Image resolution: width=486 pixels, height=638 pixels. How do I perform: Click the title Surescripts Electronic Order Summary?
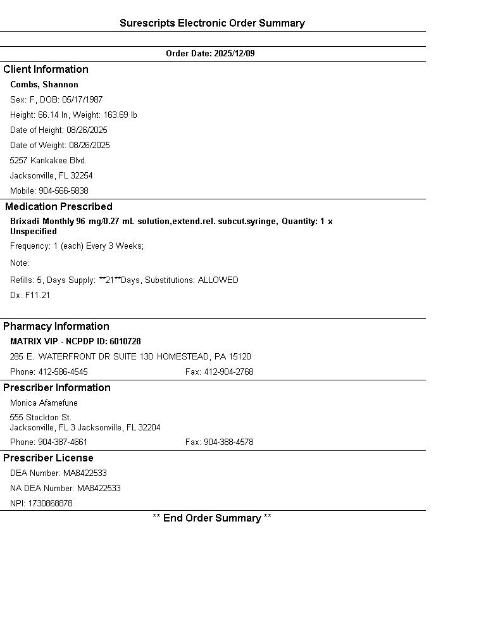pyautogui.click(x=212, y=23)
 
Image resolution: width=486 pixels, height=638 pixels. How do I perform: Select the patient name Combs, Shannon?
pyautogui.click(x=44, y=85)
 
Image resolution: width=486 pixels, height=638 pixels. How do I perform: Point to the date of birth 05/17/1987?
pyautogui.click(x=82, y=100)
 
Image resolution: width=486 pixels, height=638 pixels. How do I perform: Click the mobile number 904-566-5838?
pyautogui.click(x=63, y=191)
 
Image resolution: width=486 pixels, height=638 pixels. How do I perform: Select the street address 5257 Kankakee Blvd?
pyautogui.click(x=48, y=161)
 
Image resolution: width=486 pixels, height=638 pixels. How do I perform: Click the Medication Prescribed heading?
pyautogui.click(x=59, y=207)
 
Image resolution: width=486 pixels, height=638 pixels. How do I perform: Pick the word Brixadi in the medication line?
pyautogui.click(x=25, y=222)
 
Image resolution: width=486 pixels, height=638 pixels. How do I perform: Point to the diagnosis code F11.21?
pyautogui.click(x=37, y=296)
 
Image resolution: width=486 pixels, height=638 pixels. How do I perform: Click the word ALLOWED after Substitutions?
pyautogui.click(x=218, y=280)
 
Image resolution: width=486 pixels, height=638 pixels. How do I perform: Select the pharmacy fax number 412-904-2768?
pyautogui.click(x=228, y=372)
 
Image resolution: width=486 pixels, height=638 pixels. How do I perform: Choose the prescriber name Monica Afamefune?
pyautogui.click(x=44, y=403)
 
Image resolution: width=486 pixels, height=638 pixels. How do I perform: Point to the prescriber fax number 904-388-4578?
pyautogui.click(x=228, y=442)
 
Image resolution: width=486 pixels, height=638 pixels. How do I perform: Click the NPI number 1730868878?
pyautogui.click(x=50, y=504)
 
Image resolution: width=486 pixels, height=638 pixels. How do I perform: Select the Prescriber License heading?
pyautogui.click(x=48, y=458)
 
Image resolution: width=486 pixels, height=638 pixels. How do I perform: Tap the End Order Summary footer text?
pyautogui.click(x=212, y=518)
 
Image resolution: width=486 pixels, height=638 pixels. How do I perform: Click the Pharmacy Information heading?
pyautogui.click(x=56, y=327)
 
